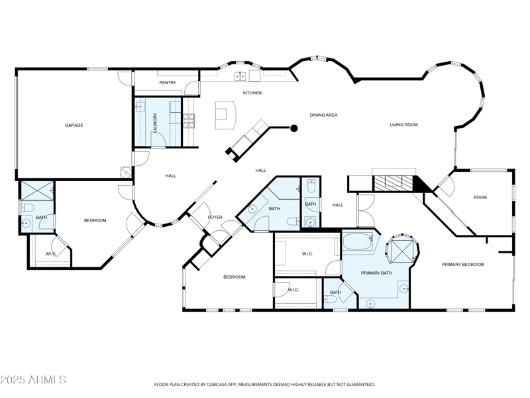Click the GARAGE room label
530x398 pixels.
coord(74,125)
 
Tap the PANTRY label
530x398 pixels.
coord(168,82)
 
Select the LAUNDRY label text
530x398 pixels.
coord(155,123)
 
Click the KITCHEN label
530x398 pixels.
coord(252,93)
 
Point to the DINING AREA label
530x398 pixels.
coord(323,115)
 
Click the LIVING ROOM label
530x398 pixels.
coord(403,125)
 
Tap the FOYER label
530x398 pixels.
coord(215,218)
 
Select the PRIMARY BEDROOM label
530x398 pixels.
coord(462,265)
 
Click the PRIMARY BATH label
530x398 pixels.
coord(376,273)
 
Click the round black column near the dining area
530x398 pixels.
coord(294,128)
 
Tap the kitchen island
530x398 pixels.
coord(225,115)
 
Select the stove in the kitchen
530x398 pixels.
coord(189,121)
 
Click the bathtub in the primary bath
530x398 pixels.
coord(358,242)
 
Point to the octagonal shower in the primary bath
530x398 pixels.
coord(402,249)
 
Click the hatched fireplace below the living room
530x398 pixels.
coord(393,184)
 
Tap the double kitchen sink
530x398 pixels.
coord(240,76)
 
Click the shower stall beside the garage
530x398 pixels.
coord(38,191)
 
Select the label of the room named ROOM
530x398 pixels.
coord(480,197)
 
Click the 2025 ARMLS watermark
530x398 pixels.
coord(33,379)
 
